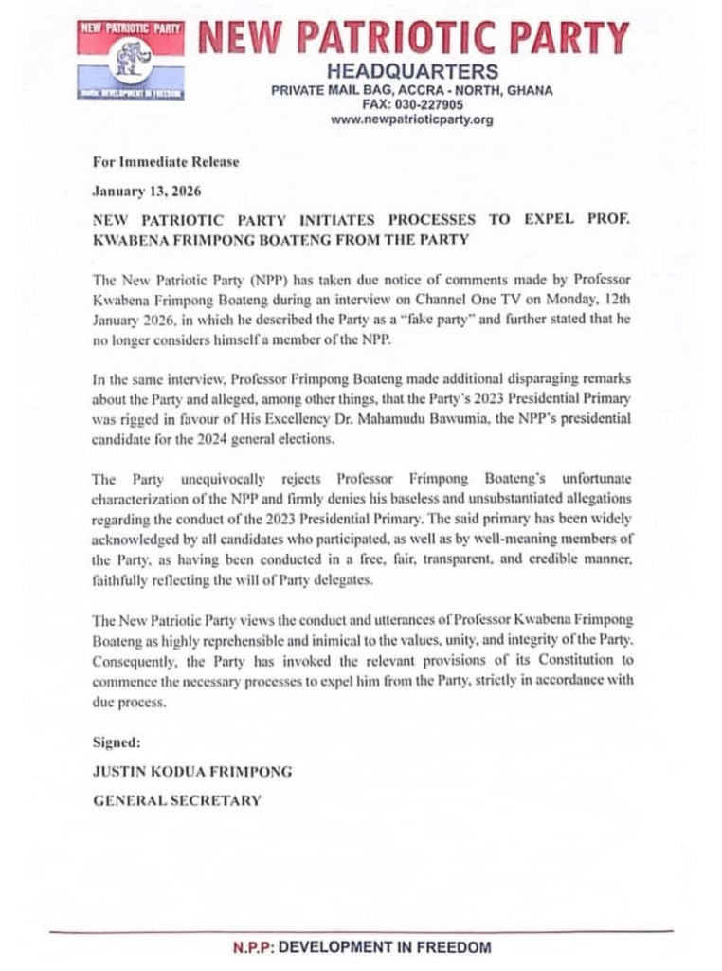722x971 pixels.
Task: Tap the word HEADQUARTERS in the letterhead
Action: [x=411, y=72]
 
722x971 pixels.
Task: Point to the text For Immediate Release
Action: [x=165, y=161]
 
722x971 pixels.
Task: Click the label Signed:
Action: [x=116, y=741]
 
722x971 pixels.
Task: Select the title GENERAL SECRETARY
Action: [x=176, y=801]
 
